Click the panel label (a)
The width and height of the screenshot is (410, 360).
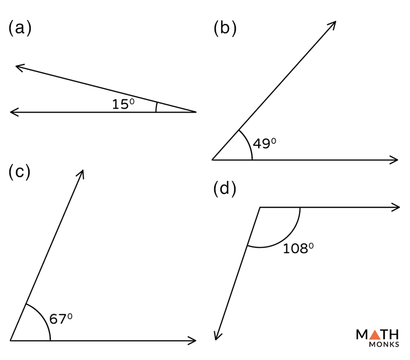point(20,29)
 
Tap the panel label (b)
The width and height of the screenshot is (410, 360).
point(224,29)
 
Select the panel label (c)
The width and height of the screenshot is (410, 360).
point(20,172)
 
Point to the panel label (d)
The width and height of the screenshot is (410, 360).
point(224,189)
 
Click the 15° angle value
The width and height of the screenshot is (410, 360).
point(123,104)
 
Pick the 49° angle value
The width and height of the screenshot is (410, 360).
point(264,144)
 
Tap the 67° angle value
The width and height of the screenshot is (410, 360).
point(60,319)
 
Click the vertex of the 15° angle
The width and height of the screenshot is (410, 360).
point(196,111)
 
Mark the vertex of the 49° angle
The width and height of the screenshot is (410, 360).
point(213,160)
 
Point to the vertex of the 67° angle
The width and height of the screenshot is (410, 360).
point(10,340)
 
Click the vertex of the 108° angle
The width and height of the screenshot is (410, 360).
point(260,207)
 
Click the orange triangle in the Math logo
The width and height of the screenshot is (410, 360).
point(375,335)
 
